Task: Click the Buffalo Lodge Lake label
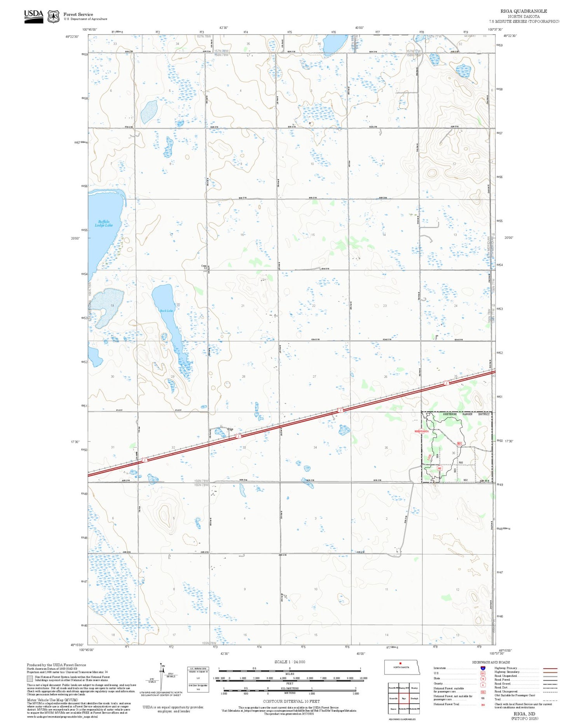(104, 224)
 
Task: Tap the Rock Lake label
(166, 311)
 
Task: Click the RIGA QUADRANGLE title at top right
(524, 11)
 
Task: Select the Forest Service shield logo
(53, 16)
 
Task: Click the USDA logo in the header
(33, 16)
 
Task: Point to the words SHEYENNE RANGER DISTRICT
(466, 414)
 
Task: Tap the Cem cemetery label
(203, 266)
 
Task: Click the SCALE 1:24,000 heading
(290, 662)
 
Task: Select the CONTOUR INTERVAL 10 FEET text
(291, 701)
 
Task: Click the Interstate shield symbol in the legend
(482, 668)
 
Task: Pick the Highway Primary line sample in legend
(548, 669)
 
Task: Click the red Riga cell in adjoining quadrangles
(404, 698)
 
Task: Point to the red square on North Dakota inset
(400, 663)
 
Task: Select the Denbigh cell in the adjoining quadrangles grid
(414, 698)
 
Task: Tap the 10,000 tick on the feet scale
(363, 678)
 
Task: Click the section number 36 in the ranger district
(453, 453)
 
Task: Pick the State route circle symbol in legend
(482, 679)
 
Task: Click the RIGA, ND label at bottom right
(524, 714)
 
